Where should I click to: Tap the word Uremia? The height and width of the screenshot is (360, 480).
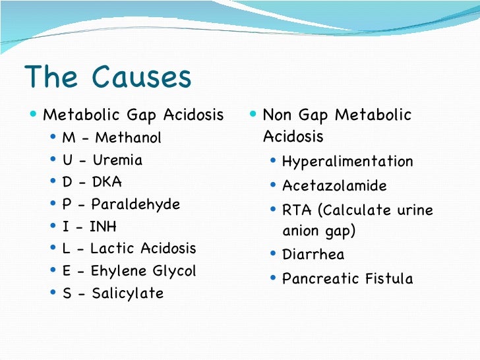[x=117, y=160]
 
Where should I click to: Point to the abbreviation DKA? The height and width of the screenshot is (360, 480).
[x=107, y=182]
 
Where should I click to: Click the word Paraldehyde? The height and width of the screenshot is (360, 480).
[x=135, y=204]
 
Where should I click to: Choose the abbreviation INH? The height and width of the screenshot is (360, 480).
[x=104, y=227]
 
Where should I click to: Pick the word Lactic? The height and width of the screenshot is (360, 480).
[x=113, y=249]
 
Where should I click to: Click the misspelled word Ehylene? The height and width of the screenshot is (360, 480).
[x=117, y=271]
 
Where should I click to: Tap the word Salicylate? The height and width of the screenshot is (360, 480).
[x=128, y=293]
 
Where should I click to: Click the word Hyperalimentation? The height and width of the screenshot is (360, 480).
[x=347, y=162]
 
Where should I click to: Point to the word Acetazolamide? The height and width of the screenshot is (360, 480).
[x=334, y=186]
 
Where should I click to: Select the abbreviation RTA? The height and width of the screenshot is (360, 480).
[x=296, y=210]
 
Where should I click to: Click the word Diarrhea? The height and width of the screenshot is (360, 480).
[x=313, y=255]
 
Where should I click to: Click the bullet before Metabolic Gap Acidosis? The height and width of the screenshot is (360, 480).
[x=34, y=115]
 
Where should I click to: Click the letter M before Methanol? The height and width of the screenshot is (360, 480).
[x=68, y=138]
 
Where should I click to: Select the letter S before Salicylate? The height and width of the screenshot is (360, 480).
[x=67, y=293]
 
